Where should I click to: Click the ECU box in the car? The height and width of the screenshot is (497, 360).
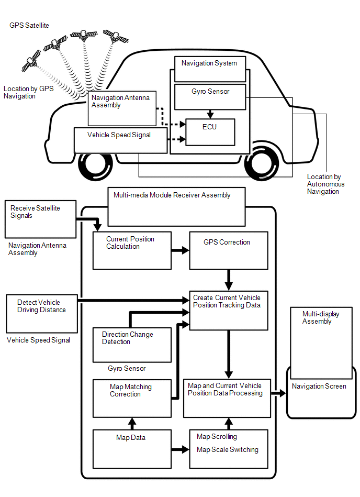pyautogui.click(x=210, y=132)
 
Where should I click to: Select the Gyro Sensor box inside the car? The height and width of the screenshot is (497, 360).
pyautogui.click(x=210, y=97)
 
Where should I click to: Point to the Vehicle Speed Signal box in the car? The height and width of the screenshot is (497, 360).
pyautogui.click(x=121, y=140)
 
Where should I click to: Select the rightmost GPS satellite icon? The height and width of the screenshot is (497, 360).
pyautogui.click(x=116, y=37)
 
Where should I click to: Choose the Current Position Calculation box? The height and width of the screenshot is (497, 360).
pyautogui.click(x=132, y=250)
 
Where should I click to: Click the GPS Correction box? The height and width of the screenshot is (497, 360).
pyautogui.click(x=228, y=250)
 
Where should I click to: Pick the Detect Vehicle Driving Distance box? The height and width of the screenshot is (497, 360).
pyautogui.click(x=41, y=313)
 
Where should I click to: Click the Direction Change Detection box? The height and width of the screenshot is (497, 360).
pyautogui.click(x=132, y=345)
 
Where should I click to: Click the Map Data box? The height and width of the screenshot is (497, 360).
pyautogui.click(x=132, y=449)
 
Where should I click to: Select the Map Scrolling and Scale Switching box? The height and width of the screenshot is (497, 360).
pyautogui.click(x=228, y=449)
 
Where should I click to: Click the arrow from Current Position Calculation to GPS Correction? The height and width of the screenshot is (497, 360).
pyautogui.click(x=180, y=250)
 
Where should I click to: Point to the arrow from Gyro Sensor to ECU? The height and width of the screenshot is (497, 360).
pyautogui.click(x=210, y=114)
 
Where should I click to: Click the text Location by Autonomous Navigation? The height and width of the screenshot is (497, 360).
pyautogui.click(x=325, y=184)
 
